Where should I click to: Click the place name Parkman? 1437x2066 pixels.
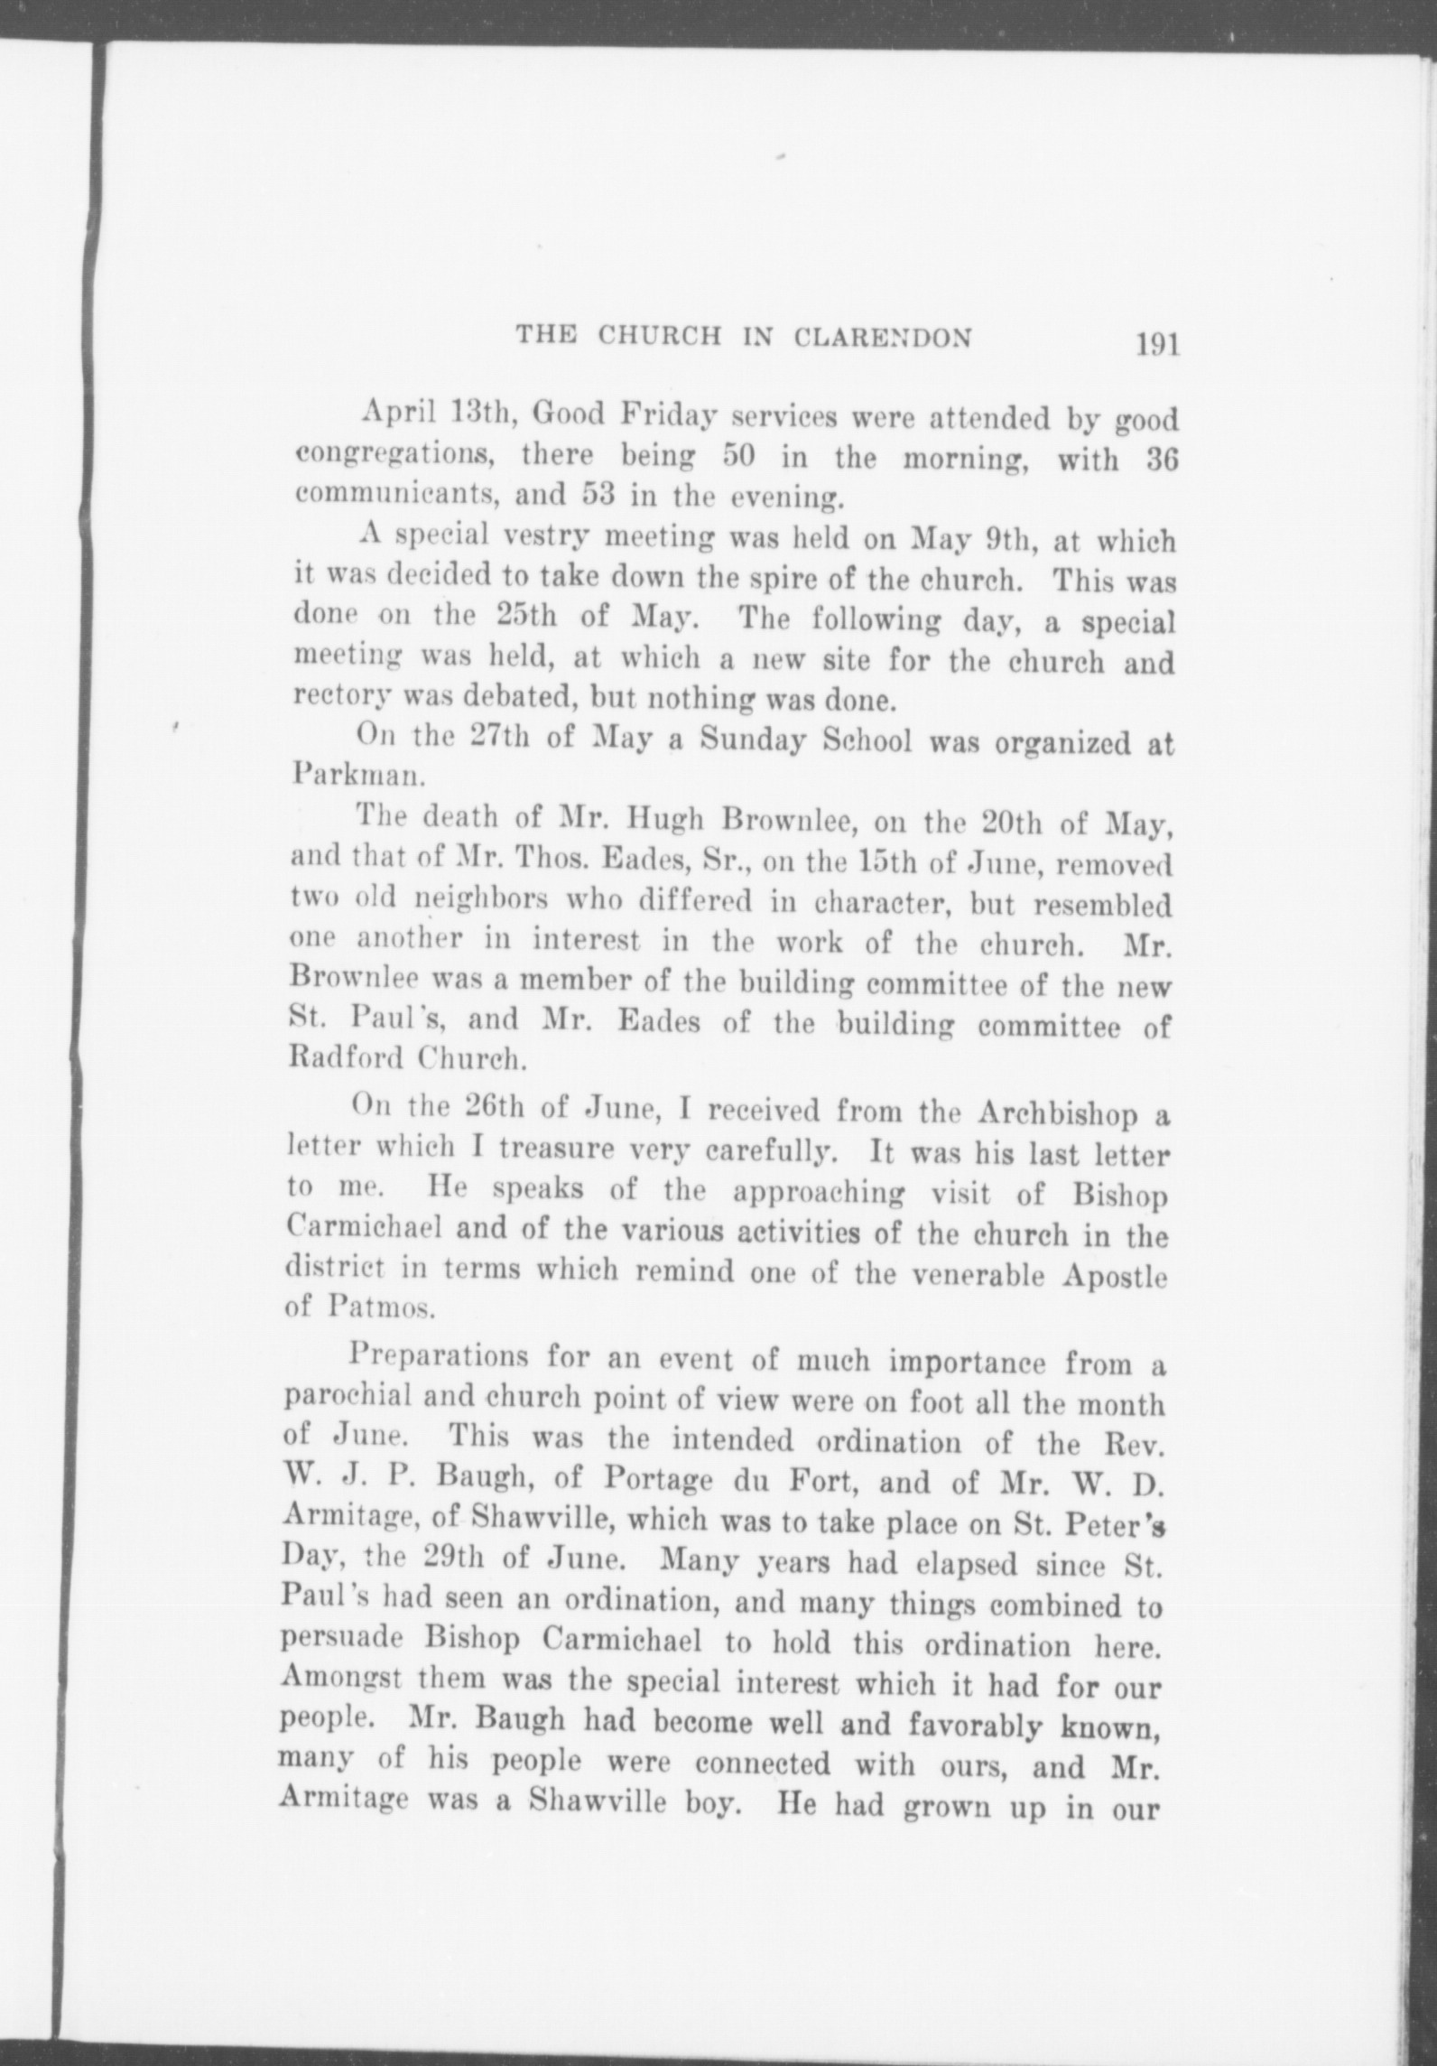point(355,775)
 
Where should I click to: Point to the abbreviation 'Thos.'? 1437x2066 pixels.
point(607,861)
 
